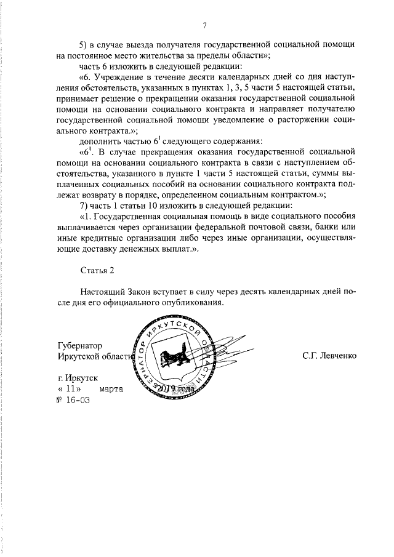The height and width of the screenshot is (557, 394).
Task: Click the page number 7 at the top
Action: click(x=204, y=25)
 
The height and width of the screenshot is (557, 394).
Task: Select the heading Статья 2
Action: click(x=97, y=270)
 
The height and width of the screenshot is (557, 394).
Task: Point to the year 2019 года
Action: click(x=175, y=389)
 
